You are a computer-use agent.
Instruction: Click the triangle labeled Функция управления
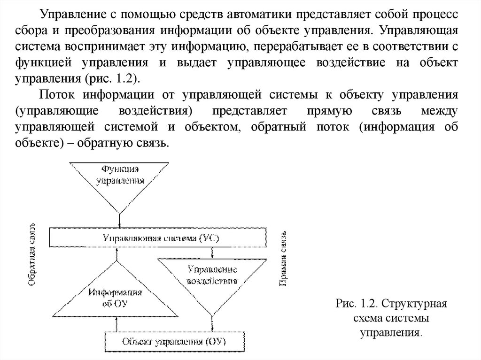[119, 181]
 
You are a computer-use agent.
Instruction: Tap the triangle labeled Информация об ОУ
[116, 293]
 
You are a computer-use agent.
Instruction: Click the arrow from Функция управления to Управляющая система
[120, 221]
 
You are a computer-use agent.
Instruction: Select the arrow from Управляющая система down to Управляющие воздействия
[213, 253]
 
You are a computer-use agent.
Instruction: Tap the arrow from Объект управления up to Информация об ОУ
[116, 324]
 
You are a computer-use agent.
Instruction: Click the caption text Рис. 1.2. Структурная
[391, 304]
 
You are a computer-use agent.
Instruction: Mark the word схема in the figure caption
[370, 320]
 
